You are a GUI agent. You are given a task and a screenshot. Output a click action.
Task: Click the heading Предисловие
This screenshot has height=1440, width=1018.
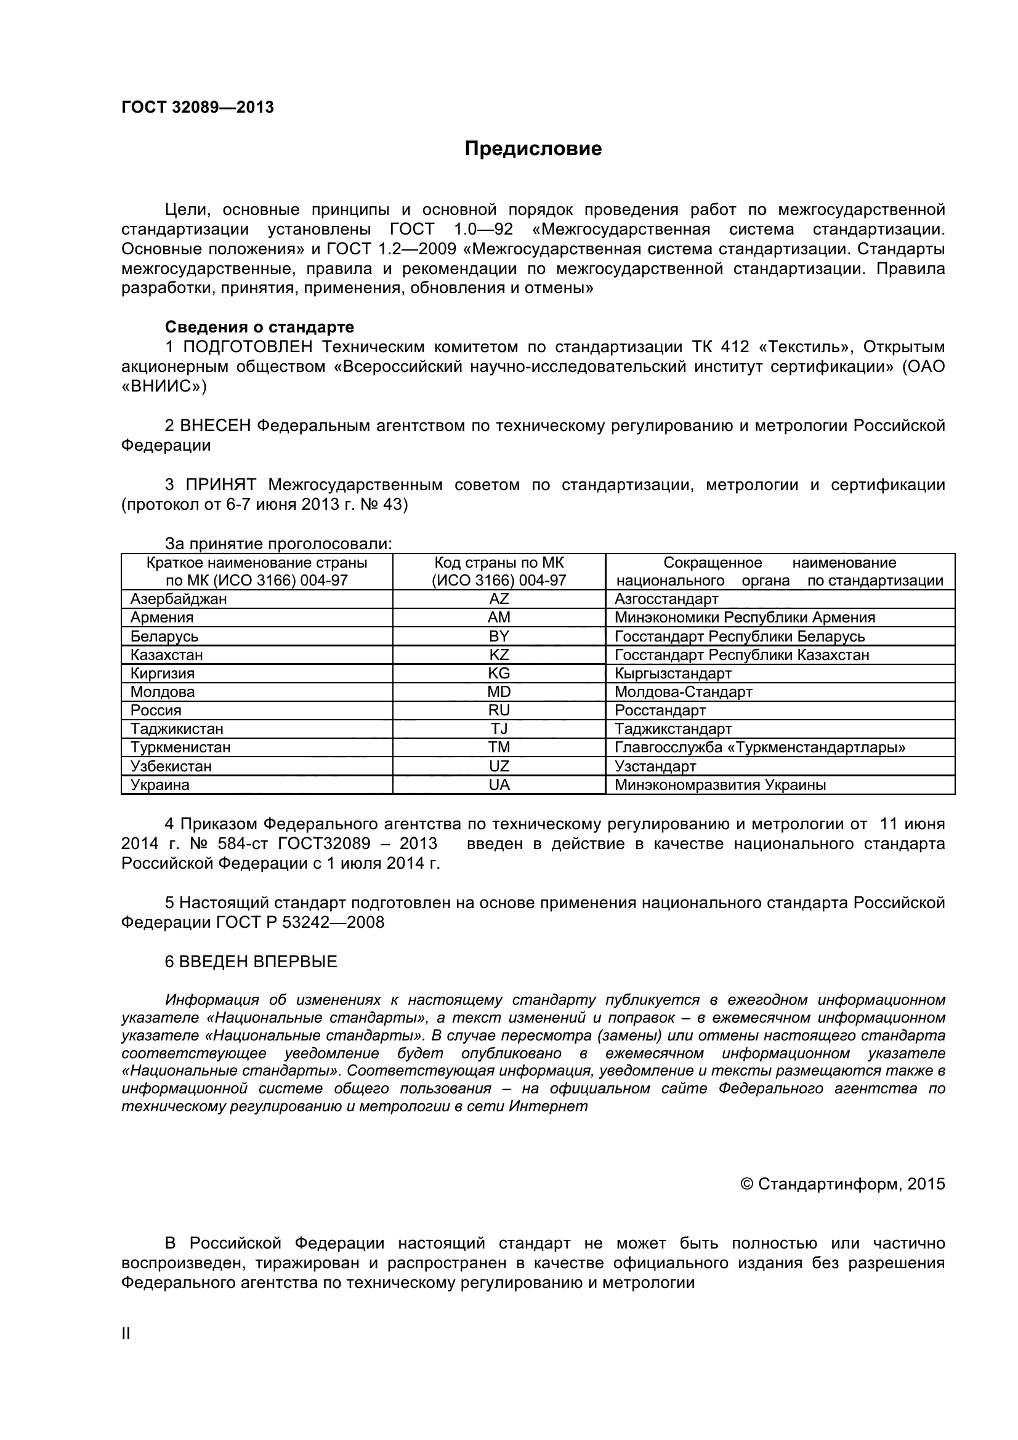[533, 148]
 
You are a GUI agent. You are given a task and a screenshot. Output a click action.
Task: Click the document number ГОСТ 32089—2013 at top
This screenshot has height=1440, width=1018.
[198, 107]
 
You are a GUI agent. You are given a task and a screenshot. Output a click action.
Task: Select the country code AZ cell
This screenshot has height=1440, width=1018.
[499, 599]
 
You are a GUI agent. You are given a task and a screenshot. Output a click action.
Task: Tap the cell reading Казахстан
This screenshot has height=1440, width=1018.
[167, 655]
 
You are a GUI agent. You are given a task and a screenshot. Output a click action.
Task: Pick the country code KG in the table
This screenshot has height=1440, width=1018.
[499, 674]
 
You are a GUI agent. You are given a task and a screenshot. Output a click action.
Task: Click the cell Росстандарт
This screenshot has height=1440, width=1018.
[660, 710]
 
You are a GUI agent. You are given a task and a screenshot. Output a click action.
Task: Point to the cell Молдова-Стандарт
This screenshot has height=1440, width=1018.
[683, 692]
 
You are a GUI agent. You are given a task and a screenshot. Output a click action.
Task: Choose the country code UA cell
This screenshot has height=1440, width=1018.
[499, 784]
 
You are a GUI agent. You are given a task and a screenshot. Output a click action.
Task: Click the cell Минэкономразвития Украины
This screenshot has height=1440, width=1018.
[720, 784]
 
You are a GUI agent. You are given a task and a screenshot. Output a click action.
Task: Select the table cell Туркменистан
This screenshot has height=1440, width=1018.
[180, 747]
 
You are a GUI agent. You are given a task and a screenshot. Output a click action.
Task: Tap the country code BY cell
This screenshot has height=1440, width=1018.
[499, 636]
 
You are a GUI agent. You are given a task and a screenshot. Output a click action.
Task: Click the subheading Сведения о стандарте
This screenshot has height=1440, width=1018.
[259, 327]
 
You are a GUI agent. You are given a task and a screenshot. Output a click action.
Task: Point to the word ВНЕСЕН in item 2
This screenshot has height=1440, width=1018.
[215, 426]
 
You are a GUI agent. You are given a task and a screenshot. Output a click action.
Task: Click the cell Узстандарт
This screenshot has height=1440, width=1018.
[655, 766]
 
